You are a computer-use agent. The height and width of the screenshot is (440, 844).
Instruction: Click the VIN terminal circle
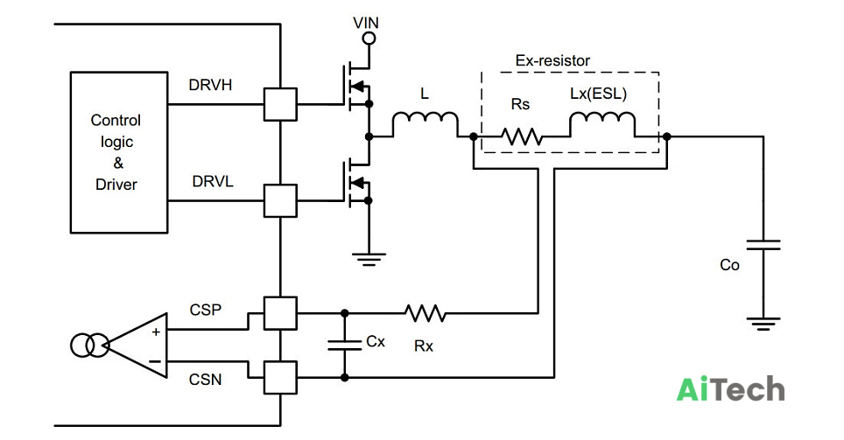tap(369, 38)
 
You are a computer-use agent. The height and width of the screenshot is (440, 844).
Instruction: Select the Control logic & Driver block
tap(119, 152)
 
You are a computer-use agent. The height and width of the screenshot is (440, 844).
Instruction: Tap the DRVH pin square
tap(280, 104)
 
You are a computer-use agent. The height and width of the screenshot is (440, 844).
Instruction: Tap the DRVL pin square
tap(280, 200)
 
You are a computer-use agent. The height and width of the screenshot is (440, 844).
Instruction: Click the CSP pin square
tap(280, 313)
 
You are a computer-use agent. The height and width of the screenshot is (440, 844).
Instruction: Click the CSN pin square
tap(280, 378)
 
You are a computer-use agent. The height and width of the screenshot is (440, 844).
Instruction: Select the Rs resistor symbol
tap(522, 136)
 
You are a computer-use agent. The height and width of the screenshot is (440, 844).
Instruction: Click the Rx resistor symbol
tap(426, 313)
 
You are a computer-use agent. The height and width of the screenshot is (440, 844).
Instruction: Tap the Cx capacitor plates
tap(344, 346)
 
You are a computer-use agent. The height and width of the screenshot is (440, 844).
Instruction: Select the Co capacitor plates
tap(763, 245)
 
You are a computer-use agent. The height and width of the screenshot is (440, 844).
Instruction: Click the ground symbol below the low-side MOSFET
tap(369, 259)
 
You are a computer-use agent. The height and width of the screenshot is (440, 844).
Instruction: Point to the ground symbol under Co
tap(763, 324)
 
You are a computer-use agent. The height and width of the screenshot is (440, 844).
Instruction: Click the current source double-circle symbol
tap(89, 346)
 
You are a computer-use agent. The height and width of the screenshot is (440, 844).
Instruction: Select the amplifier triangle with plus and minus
tap(137, 346)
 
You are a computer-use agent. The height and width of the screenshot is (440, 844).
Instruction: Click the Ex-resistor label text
tap(552, 60)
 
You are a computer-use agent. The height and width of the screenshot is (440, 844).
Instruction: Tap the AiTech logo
tap(730, 389)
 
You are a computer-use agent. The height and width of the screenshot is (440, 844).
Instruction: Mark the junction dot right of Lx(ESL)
tap(666, 136)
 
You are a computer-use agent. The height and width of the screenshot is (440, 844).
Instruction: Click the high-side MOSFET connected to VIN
tap(355, 85)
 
